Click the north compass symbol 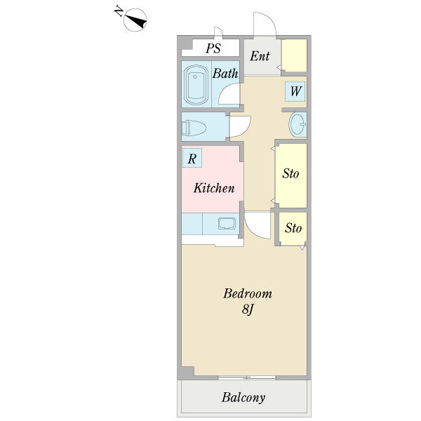[x=135, y=20]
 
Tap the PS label [x=213, y=48]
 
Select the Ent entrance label [x=259, y=55]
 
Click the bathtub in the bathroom [x=196, y=85]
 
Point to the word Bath [x=225, y=73]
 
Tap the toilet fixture [x=194, y=128]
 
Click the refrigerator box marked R [x=192, y=159]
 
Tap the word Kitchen [x=214, y=188]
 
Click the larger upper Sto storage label [x=291, y=173]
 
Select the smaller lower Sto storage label [x=293, y=229]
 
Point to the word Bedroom [x=247, y=293]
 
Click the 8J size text [x=247, y=309]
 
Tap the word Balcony [x=243, y=398]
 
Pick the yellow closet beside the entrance [x=295, y=55]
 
